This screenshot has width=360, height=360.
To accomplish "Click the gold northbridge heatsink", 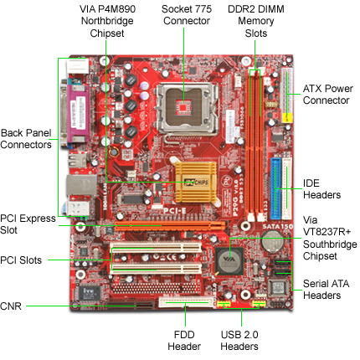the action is point(195,182).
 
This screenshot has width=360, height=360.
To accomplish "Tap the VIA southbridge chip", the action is point(229,261).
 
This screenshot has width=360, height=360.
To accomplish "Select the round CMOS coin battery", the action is point(272,241).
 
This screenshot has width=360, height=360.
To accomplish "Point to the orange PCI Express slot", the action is point(170,226).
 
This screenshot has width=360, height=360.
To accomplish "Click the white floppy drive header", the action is point(187,302).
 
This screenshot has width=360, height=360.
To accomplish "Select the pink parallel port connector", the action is point(79,114).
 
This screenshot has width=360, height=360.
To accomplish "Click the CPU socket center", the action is point(184,107).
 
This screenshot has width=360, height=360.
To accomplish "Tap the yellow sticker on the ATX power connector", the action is point(287,118).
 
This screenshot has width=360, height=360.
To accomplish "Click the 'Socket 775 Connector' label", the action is point(187,15).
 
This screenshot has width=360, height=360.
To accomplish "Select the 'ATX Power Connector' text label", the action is point(328,95).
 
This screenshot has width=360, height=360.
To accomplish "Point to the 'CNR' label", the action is point(11,306).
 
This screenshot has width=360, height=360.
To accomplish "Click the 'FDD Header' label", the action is point(184,341).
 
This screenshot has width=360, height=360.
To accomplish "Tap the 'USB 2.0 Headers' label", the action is point(239,341).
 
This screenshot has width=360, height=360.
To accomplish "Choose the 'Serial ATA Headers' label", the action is point(326,290).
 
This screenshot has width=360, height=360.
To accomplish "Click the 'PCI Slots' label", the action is point(21,260).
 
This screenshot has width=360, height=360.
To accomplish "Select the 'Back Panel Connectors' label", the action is point(26,139).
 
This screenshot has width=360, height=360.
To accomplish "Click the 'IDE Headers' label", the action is point(321,189).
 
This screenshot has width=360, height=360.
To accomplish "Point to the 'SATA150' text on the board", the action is point(277,226).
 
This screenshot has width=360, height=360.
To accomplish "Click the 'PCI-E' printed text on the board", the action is point(175,211).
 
